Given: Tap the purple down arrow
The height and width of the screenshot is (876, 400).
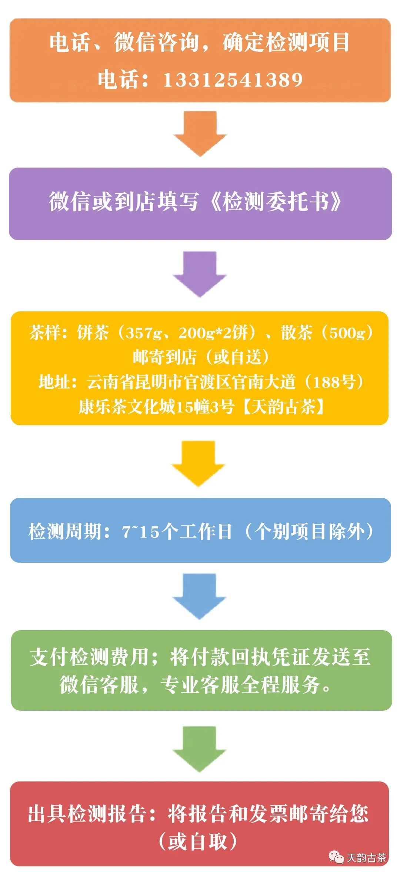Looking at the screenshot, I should coord(200,275).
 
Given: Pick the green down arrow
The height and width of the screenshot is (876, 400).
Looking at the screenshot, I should coord(200,749).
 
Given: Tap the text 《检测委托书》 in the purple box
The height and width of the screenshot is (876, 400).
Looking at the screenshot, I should coord(276,202).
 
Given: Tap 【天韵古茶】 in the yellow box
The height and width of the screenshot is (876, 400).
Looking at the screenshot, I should coord(283,407).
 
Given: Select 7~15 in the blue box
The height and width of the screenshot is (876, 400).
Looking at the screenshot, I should coord(141,532).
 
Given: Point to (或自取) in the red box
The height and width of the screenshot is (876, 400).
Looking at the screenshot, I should coord(198,841).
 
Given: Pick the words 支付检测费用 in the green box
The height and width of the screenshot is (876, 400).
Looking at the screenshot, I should coord(89,657).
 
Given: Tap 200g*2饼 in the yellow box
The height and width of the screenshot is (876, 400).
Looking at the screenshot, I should coord(213,333).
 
